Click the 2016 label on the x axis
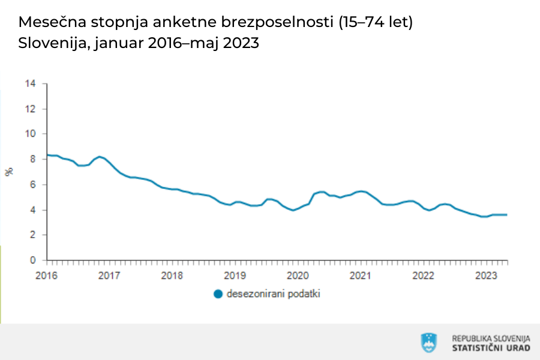point(46,275)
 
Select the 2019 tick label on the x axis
point(235,275)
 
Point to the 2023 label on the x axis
point(486,275)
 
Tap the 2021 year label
point(360,275)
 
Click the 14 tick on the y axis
point(31,84)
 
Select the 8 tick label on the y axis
point(34,160)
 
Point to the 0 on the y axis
point(34,260)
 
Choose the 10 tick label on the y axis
point(31,134)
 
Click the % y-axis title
point(9,172)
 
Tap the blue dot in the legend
point(218,294)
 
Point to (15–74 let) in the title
point(376,23)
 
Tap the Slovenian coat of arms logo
point(429,343)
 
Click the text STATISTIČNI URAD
point(491,349)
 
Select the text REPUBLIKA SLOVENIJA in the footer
point(491,338)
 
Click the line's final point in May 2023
point(507,215)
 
